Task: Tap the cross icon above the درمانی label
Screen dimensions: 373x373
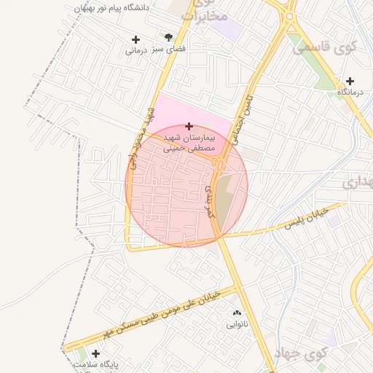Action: (x=136, y=39)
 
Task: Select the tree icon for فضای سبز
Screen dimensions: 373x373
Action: (x=169, y=36)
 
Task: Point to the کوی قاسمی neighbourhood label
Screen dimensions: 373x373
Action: (x=325, y=48)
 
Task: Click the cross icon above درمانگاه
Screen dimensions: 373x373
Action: (x=350, y=81)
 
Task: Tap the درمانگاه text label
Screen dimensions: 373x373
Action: (x=350, y=93)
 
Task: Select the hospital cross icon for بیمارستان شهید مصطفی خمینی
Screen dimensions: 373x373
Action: (x=189, y=126)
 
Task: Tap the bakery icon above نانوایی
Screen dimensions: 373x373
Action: (x=236, y=312)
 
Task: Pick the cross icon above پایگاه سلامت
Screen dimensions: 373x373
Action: (x=95, y=353)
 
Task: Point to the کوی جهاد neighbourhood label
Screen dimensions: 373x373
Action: (x=299, y=354)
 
